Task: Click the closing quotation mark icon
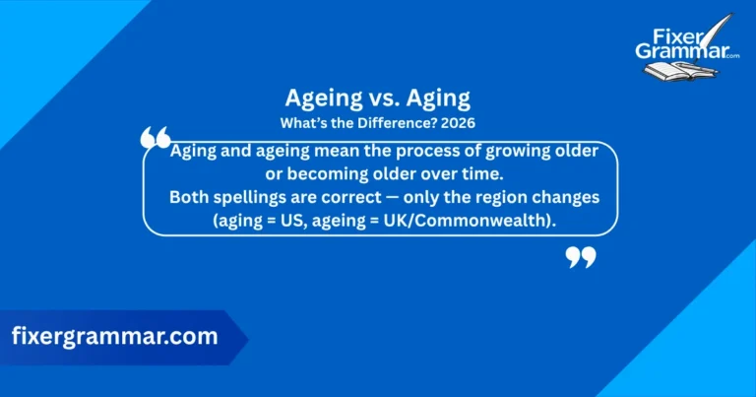[582, 257]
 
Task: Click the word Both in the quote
[191, 198]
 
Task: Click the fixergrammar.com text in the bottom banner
[114, 336]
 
